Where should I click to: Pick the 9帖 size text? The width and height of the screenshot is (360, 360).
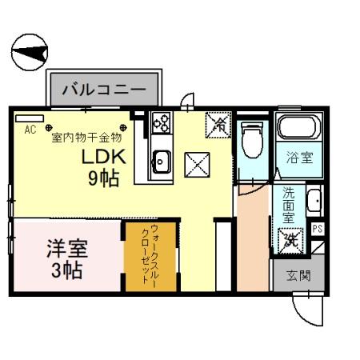tap(103, 178)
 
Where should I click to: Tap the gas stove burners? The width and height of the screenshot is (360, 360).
tap(161, 122)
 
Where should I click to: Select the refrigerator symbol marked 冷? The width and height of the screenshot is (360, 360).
tap(217, 123)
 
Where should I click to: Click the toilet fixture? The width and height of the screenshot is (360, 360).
tap(251, 141)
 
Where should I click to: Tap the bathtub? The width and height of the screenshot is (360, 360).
tap(298, 127)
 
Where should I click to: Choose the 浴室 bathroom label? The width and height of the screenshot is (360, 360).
tap(299, 158)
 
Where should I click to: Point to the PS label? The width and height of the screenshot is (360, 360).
tap(318, 230)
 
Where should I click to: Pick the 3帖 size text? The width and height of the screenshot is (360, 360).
tap(66, 270)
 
